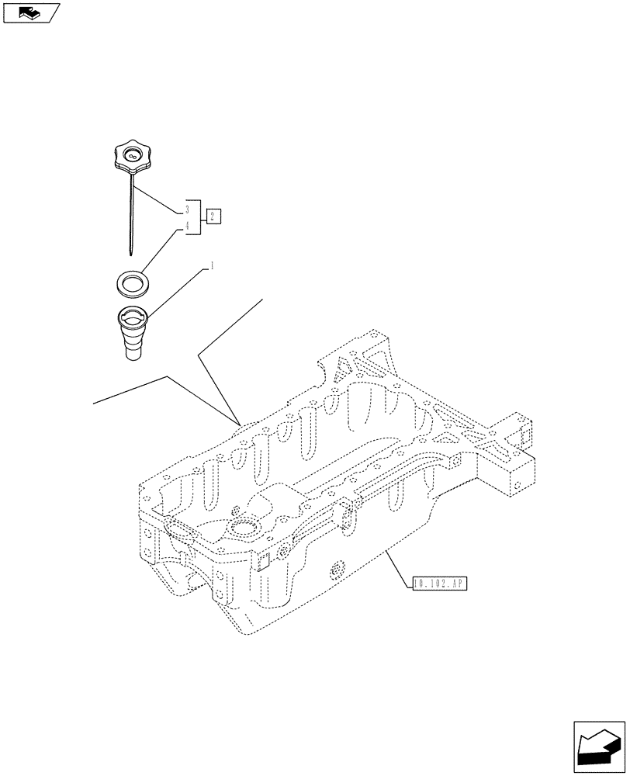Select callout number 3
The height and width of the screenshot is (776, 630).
[187, 210]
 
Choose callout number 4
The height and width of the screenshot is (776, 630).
[187, 226]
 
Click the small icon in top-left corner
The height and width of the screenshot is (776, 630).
[30, 12]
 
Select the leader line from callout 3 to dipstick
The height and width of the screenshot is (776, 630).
[159, 199]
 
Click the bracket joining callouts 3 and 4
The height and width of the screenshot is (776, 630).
[203, 217]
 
